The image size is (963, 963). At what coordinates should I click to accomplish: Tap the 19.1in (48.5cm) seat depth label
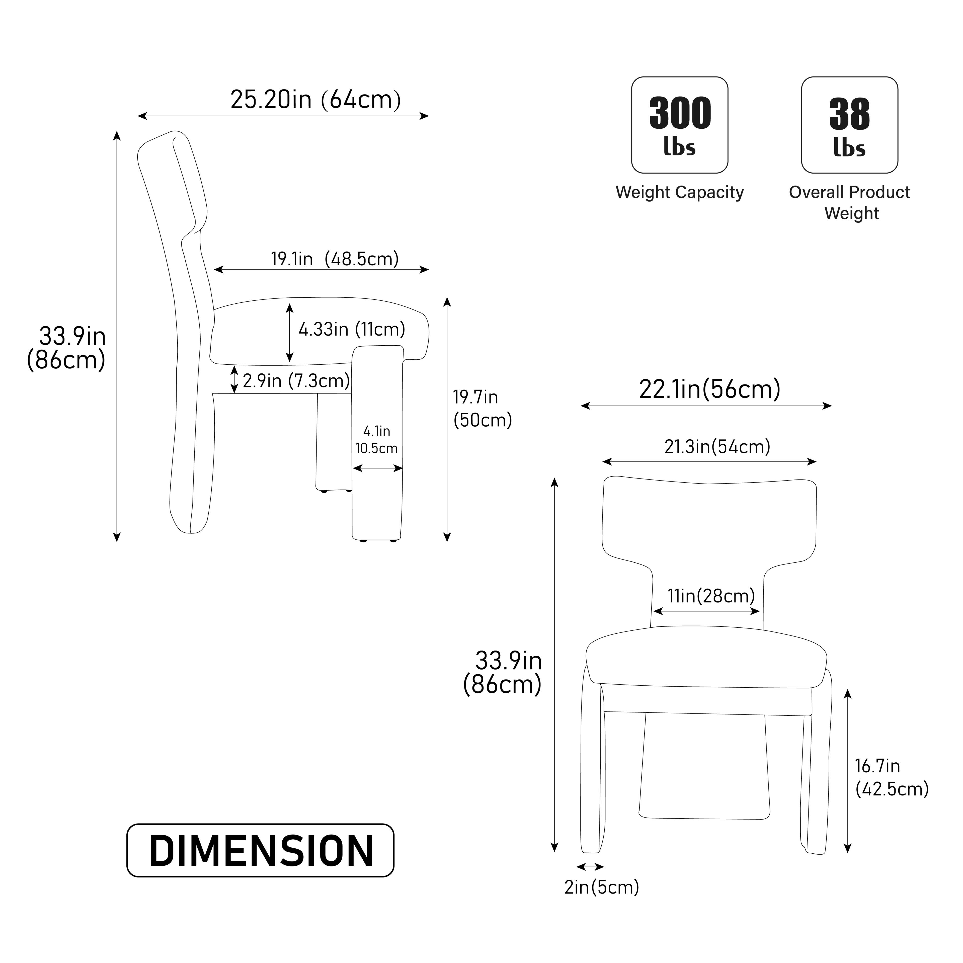pyautogui.click(x=335, y=259)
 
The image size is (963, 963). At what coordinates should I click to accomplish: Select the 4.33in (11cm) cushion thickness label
pyautogui.click(x=351, y=330)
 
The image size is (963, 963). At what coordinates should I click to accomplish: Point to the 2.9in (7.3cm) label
pyautogui.click(x=296, y=381)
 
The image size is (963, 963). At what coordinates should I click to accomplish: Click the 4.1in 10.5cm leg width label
pyautogui.click(x=376, y=439)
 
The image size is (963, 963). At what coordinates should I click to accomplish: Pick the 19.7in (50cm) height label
pyautogui.click(x=481, y=409)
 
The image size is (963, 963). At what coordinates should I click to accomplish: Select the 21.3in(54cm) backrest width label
pyautogui.click(x=717, y=447)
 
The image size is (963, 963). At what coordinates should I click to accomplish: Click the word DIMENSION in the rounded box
pyautogui.click(x=261, y=851)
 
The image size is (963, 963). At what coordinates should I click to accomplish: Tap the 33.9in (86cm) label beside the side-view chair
pyautogui.click(x=69, y=348)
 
